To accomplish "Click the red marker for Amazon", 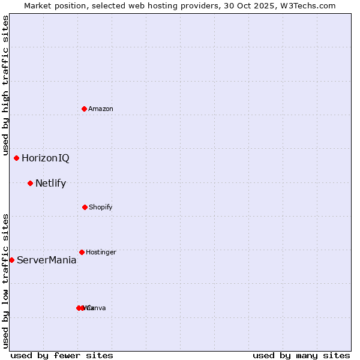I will coord(84,109).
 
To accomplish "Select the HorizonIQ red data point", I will coord(16,158).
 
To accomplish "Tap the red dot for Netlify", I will coord(30,183).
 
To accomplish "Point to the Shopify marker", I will coord(85,207).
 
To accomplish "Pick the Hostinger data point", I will coord(82,252).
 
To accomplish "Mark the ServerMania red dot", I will coord(11,260).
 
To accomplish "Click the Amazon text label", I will coord(100,109).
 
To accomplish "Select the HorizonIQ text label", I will coord(45,158).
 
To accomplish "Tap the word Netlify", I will coord(50,184).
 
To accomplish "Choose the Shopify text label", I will coord(100,207).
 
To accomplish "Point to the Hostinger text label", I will coord(101,252).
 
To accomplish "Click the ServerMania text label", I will coord(46,260).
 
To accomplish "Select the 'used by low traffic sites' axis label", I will coord(5,281).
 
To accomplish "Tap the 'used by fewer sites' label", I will coord(62,355).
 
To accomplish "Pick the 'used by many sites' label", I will coord(301,355).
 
